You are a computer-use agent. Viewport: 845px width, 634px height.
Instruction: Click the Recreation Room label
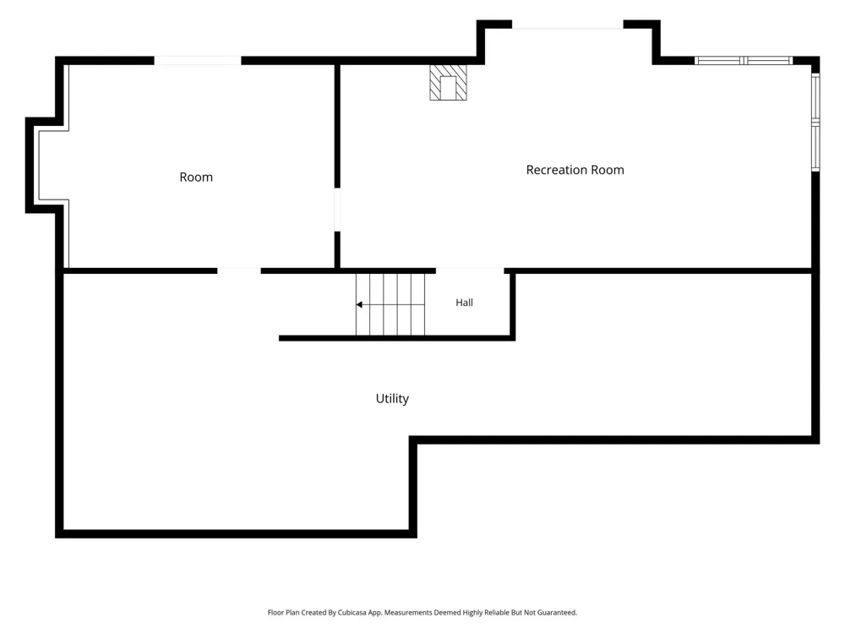[x=575, y=170]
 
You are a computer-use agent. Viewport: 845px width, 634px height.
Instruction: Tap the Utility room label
[x=392, y=398]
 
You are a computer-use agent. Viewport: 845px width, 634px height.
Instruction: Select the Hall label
[x=465, y=303]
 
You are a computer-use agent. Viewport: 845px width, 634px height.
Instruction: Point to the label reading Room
[x=196, y=177]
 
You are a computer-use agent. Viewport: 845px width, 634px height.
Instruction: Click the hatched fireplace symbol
[x=448, y=83]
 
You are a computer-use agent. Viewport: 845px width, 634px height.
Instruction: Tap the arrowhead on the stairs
[x=359, y=304]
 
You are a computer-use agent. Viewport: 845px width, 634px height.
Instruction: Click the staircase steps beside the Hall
[x=390, y=304]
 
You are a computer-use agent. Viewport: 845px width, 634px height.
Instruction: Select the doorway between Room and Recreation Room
[x=337, y=209]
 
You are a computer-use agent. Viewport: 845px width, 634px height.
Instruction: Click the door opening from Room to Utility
[x=239, y=271]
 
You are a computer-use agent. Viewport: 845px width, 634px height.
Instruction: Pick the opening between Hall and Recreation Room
[x=470, y=271]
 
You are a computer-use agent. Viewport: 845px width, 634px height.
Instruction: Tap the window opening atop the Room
[x=198, y=60]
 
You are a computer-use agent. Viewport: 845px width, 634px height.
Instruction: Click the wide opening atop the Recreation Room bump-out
[x=568, y=25]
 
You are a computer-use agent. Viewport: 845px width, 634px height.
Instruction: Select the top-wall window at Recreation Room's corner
[x=744, y=60]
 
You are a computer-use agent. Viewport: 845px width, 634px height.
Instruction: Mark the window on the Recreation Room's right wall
[x=816, y=123]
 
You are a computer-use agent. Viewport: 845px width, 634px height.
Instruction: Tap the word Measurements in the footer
[x=408, y=612]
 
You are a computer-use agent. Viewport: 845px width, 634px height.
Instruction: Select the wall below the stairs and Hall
[x=397, y=339]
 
